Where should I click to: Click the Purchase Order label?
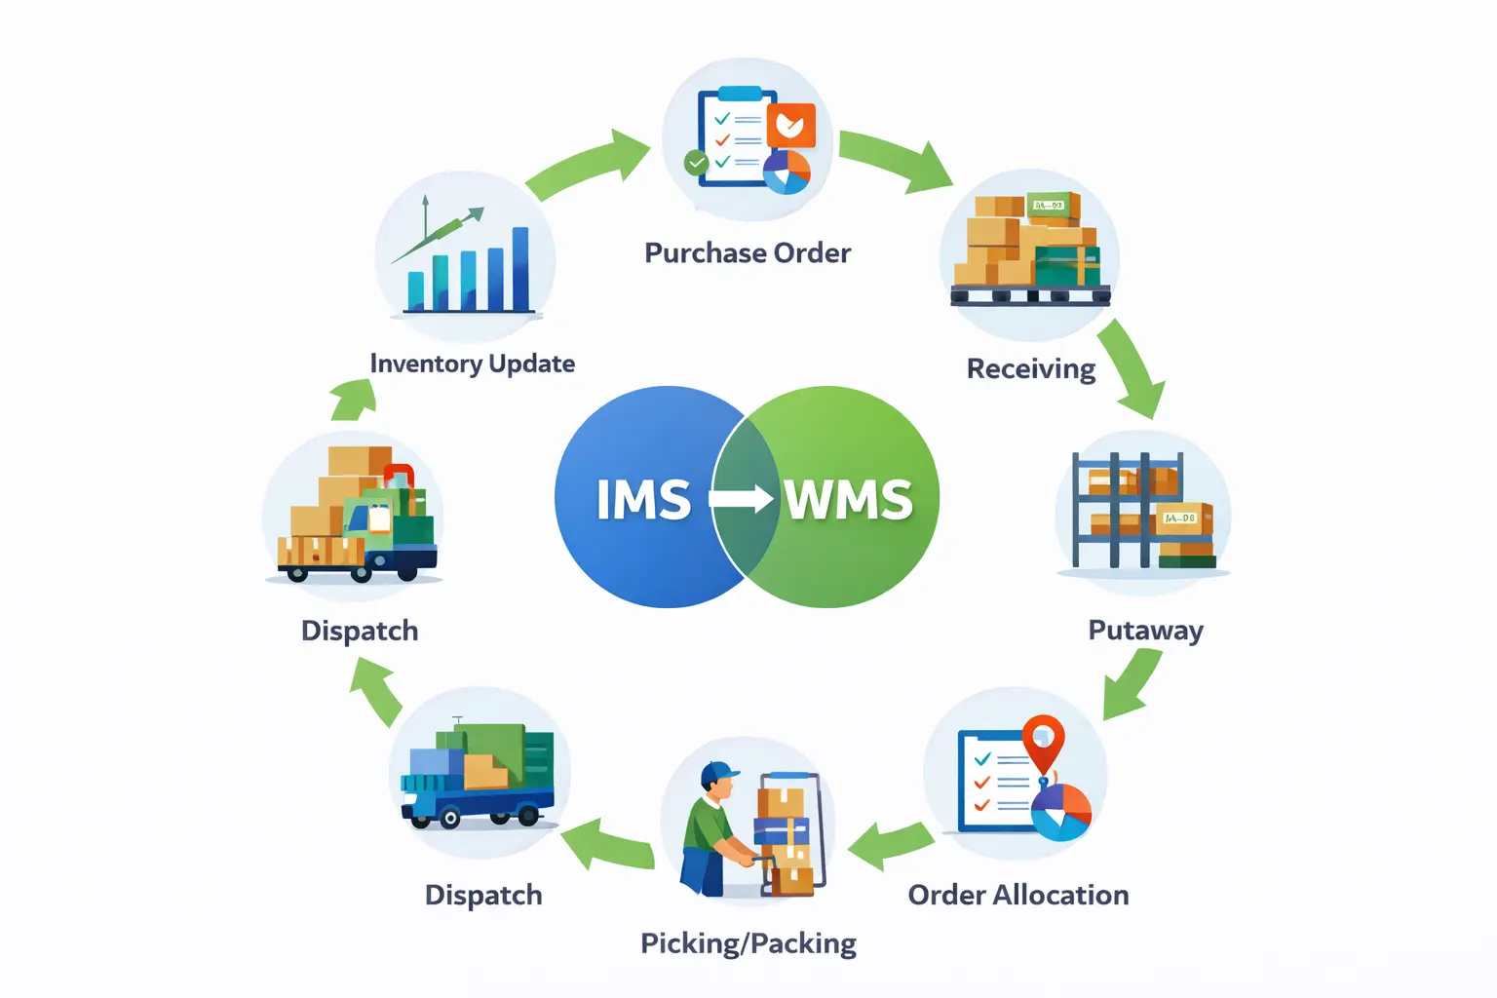coord(748,253)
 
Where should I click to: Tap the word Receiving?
coord(1030,369)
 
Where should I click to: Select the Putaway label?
coord(1145,631)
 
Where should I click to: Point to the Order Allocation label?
coord(1017,895)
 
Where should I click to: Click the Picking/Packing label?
coord(748,943)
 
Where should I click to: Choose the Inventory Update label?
coord(472,364)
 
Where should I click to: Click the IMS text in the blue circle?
coord(643,500)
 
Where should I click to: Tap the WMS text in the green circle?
coord(849,500)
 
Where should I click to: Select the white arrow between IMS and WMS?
coord(741,499)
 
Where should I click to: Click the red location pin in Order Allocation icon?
coord(1043,738)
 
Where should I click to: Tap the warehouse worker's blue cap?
coord(718,773)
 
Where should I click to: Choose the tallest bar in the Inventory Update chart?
coord(520,268)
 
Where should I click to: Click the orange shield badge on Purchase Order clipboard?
coord(790,125)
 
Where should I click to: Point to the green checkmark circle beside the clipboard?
coord(696,163)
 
